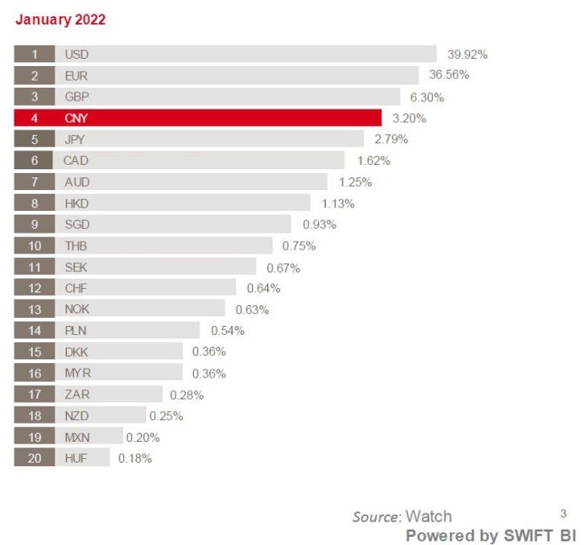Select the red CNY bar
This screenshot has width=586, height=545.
pyautogui.click(x=217, y=118)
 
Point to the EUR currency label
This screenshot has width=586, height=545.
pyautogui.click(x=77, y=76)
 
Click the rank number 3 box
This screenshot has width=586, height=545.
pyautogui.click(x=34, y=97)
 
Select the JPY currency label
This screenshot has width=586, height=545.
pyautogui.click(x=76, y=139)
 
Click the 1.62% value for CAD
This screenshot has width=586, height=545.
pyautogui.click(x=373, y=161)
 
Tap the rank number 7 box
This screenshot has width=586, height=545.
pyautogui.click(x=34, y=182)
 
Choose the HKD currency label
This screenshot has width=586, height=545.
pyautogui.click(x=77, y=204)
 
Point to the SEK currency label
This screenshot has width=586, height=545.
pyautogui.click(x=76, y=267)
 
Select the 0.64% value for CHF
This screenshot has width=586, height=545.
pyautogui.click(x=264, y=289)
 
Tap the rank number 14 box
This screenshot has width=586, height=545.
pyautogui.click(x=34, y=330)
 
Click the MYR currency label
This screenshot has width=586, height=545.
pyautogui.click(x=77, y=373)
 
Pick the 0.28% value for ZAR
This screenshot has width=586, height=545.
pyautogui.click(x=187, y=395)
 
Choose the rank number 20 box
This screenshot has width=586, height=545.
pyautogui.click(x=34, y=458)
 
